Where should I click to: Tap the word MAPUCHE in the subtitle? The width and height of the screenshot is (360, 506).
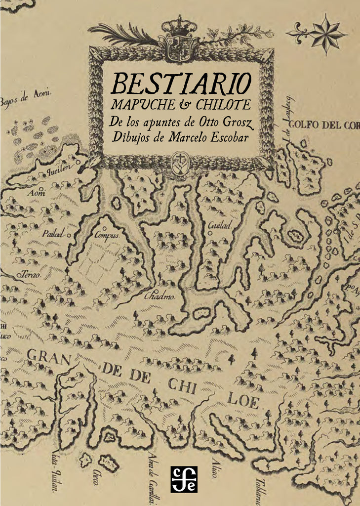pos(141,105)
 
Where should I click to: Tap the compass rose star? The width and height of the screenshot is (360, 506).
pos(327,33)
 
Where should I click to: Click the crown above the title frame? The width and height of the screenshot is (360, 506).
pos(179,24)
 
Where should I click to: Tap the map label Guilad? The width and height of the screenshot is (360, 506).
pos(220,225)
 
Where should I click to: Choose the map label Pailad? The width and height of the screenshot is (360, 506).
pos(53,234)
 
